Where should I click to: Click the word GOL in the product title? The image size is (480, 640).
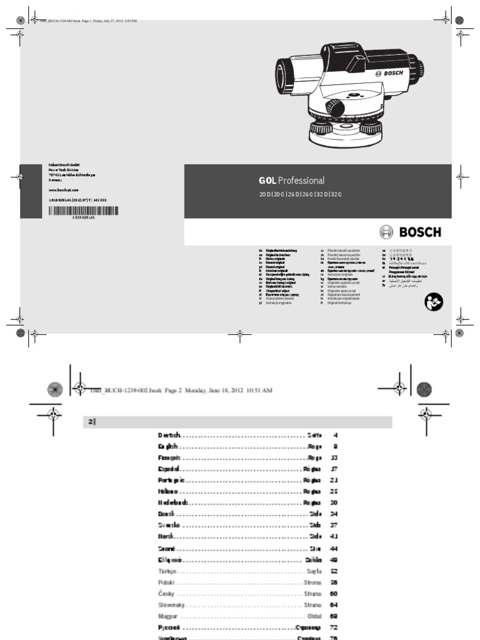267,181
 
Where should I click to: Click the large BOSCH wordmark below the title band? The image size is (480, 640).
420,232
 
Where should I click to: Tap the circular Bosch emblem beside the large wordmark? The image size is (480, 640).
386,232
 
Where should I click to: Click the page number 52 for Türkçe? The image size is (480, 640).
334,571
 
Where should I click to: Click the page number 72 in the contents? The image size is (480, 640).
334,627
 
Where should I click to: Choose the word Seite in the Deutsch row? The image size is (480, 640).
314,434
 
